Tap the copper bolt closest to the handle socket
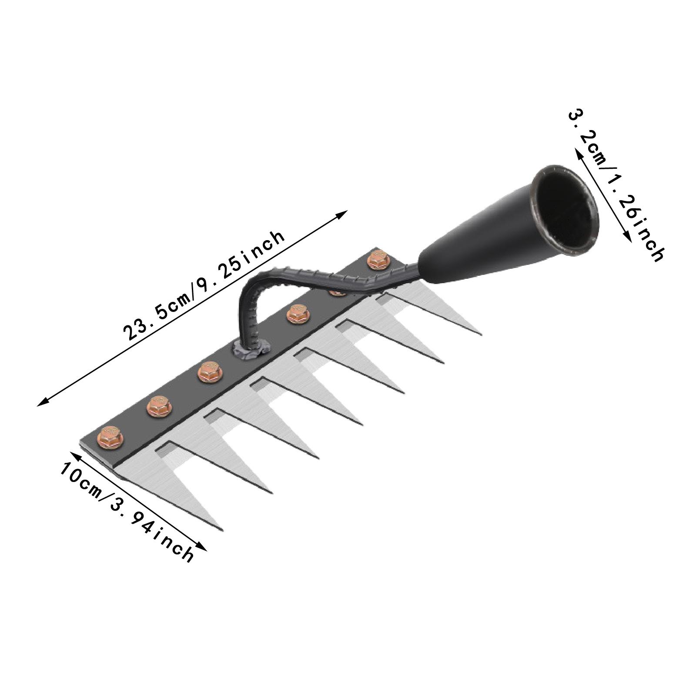376,260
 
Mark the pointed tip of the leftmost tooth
221,530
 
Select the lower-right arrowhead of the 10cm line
204,549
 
